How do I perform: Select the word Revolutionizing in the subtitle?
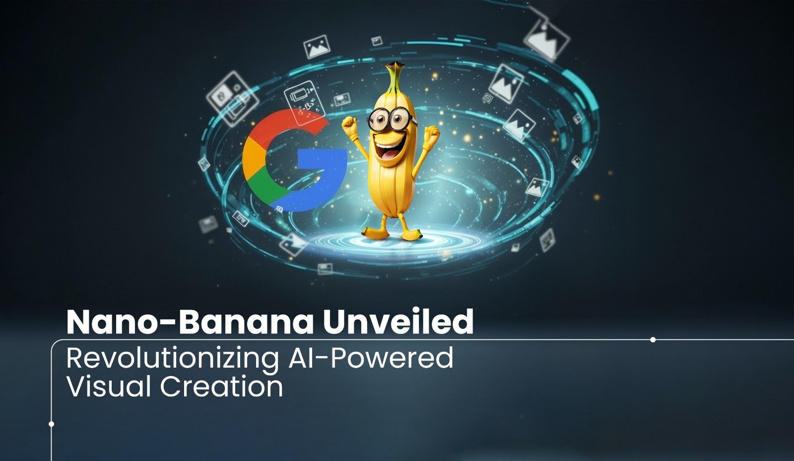tap(172, 358)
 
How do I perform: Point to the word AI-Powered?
tap(371, 358)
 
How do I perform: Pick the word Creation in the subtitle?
tap(221, 386)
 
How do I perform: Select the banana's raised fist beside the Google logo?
tap(350, 127)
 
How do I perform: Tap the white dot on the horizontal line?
tap(653, 340)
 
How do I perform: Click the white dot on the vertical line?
tap(51, 424)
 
